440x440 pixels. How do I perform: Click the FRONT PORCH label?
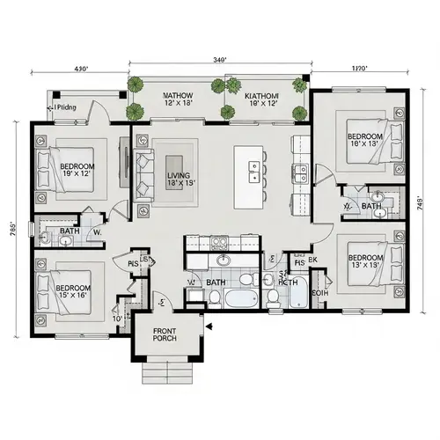click(165, 334)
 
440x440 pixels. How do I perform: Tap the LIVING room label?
click(178, 180)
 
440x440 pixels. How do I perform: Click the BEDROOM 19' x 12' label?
click(77, 169)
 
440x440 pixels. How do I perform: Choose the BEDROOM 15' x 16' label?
click(73, 291)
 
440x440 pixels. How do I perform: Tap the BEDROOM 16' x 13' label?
click(364, 141)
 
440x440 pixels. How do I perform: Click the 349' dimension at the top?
click(221, 60)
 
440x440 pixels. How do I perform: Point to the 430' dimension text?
click(82, 68)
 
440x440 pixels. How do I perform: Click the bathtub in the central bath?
click(236, 299)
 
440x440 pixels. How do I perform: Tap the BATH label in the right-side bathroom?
click(371, 207)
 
